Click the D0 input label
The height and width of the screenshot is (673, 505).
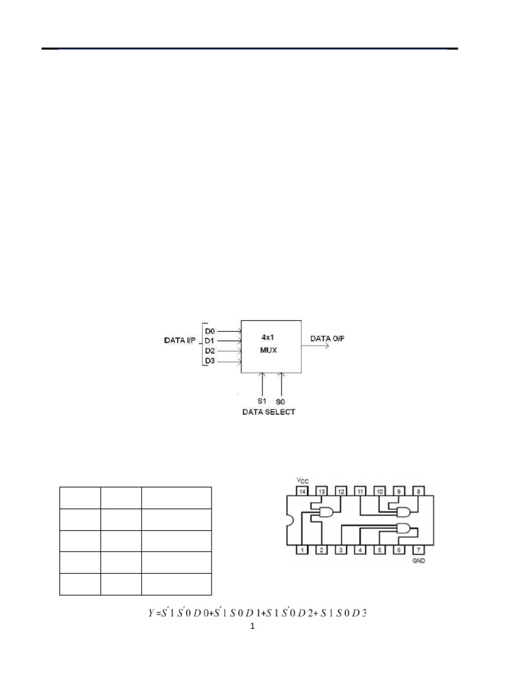click(210, 331)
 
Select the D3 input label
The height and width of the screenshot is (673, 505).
click(210, 361)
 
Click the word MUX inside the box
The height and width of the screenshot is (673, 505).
click(269, 350)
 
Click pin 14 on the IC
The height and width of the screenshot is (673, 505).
click(302, 491)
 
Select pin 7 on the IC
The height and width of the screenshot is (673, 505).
click(416, 549)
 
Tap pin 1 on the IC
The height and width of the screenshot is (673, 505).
click(302, 549)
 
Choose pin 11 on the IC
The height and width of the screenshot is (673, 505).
click(359, 491)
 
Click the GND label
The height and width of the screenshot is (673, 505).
click(416, 563)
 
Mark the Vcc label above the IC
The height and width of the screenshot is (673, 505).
click(302, 480)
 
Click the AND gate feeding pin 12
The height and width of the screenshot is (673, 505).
click(327, 513)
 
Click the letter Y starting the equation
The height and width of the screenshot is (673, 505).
click(151, 614)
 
